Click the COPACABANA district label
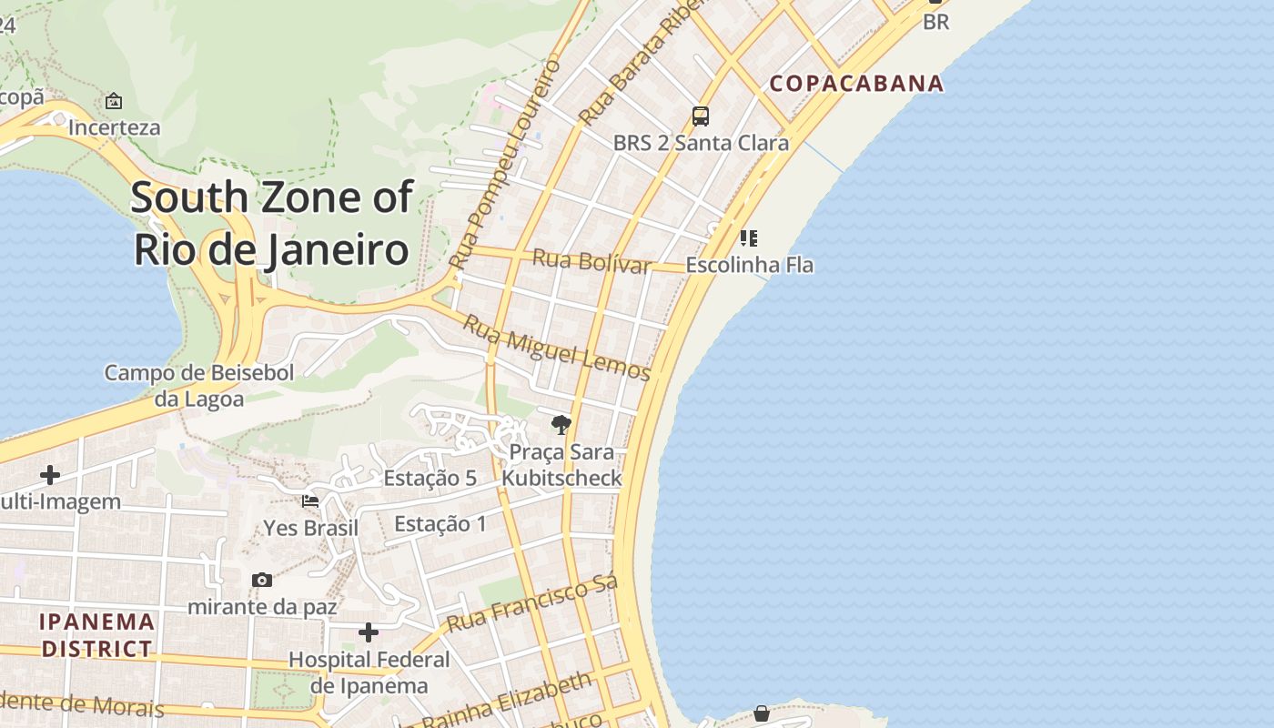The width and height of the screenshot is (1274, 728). [x=856, y=84]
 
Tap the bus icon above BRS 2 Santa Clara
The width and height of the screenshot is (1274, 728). [x=700, y=116]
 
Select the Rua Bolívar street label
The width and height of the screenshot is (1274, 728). [x=591, y=260]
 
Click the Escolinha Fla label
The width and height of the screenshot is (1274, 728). [x=749, y=265]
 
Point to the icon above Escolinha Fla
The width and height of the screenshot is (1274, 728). [x=748, y=238]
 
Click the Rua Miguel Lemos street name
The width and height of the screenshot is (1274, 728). [x=556, y=348]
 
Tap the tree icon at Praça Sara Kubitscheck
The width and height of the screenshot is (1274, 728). [x=561, y=424]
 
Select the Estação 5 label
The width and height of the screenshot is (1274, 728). [x=430, y=478]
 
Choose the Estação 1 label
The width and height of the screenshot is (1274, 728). [x=440, y=523]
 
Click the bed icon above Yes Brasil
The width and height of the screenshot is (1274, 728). [x=310, y=500]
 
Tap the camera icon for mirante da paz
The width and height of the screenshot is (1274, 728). [x=262, y=580]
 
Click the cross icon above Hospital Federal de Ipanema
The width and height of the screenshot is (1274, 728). [x=369, y=632]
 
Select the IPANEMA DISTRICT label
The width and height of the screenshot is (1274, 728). [x=97, y=635]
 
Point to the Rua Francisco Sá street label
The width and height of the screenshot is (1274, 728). [x=532, y=603]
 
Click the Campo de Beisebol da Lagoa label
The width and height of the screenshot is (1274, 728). [x=198, y=385]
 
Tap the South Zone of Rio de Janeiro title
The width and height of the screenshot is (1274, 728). [x=271, y=223]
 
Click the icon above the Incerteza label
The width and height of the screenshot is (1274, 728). [x=114, y=101]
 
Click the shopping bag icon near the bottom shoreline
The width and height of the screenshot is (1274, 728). [x=762, y=713]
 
